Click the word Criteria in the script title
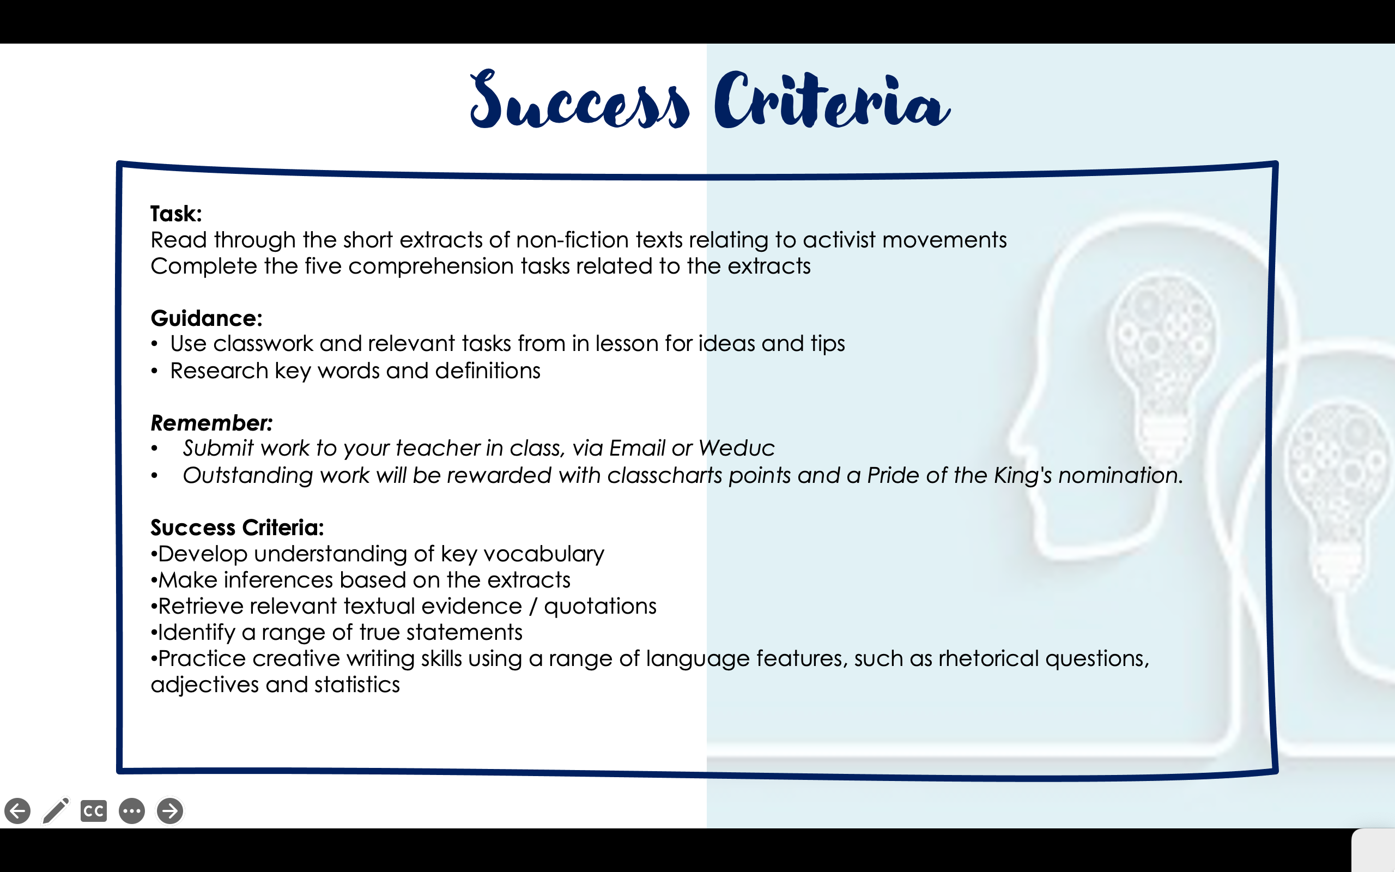point(832,100)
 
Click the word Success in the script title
point(579,100)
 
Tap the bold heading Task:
point(176,214)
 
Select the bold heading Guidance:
point(207,318)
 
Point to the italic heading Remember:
point(211,423)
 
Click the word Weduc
point(736,448)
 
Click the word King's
point(1018,476)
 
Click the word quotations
point(600,607)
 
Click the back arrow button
point(17,811)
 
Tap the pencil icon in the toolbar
point(56,811)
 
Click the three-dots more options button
point(132,811)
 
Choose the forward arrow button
point(170,811)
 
